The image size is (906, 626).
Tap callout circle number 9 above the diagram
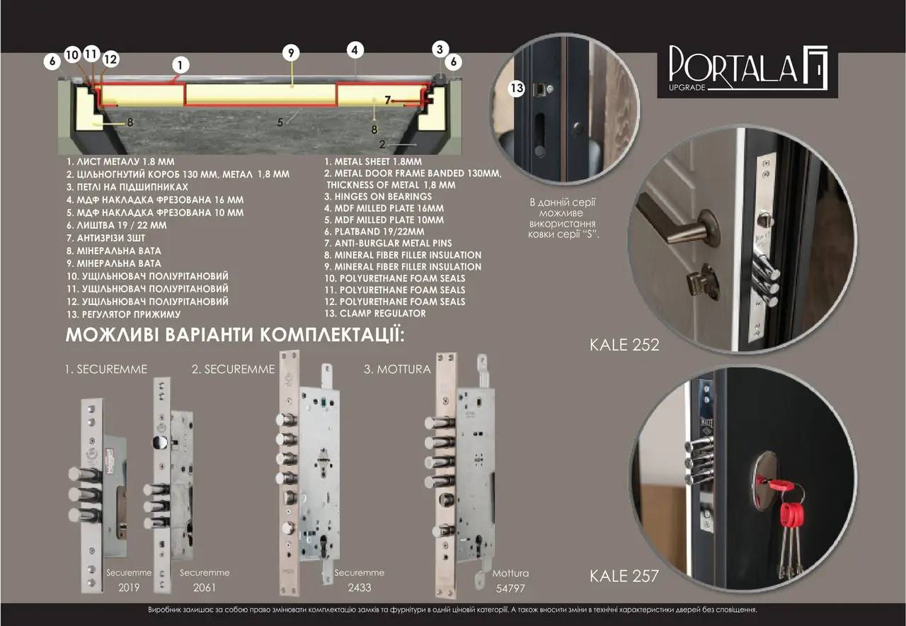click(291, 52)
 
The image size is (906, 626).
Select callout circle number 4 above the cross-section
click(355, 50)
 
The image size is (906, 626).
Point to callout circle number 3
click(440, 50)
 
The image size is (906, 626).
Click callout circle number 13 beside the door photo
click(517, 88)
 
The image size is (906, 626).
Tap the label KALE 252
click(624, 345)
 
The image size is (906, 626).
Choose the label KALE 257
click(624, 576)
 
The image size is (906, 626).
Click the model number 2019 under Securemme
click(130, 587)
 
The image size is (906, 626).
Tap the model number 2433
click(359, 587)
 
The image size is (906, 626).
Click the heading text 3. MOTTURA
click(397, 369)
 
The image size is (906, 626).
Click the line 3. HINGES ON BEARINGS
click(378, 196)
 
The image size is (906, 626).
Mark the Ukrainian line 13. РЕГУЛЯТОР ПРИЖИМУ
click(124, 314)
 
